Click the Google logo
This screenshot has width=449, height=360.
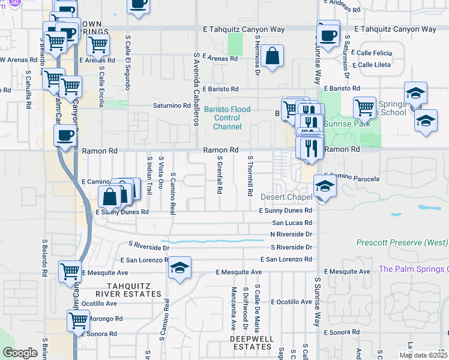pos(20,353)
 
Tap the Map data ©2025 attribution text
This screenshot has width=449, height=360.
pos(423,355)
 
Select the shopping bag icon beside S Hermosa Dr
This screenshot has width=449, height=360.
pos(272,56)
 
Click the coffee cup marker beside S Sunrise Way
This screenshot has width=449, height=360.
pos(328,34)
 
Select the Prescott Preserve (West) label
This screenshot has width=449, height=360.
pos(402,243)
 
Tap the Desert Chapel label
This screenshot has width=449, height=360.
pos(286,197)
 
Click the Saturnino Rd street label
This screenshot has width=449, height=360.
pos(170,106)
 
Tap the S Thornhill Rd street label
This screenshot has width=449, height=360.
pos(250,175)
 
